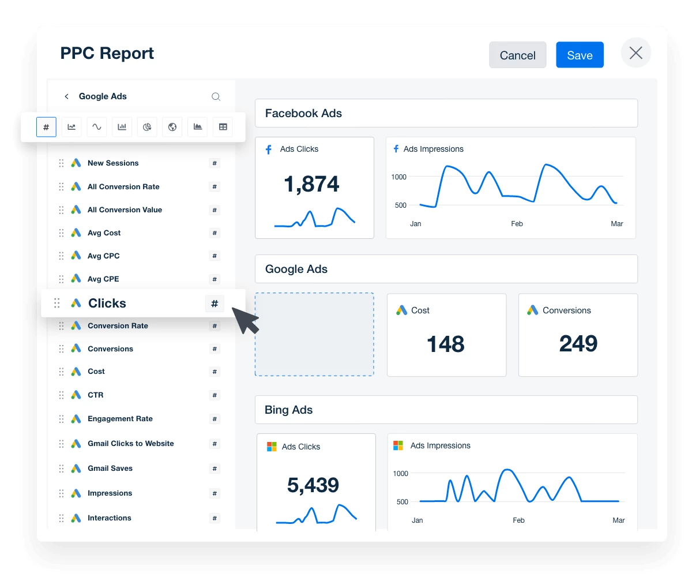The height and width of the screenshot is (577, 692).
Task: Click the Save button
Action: click(x=580, y=55)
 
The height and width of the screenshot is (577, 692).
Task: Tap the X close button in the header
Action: click(x=635, y=54)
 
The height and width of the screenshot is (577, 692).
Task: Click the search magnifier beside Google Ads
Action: click(x=216, y=97)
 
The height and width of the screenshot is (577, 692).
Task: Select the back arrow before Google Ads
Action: click(x=66, y=96)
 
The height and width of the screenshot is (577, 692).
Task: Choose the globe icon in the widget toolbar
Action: click(x=172, y=127)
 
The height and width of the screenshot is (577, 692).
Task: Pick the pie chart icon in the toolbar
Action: click(x=147, y=127)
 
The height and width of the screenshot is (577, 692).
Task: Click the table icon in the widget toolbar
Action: click(x=223, y=127)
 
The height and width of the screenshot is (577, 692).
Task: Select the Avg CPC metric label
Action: click(x=104, y=256)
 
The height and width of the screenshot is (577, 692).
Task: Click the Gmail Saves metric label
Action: click(x=110, y=468)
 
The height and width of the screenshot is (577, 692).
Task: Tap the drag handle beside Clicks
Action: click(x=57, y=303)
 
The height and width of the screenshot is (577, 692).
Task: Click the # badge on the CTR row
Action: click(x=215, y=395)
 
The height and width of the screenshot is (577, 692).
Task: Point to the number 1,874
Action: click(x=311, y=184)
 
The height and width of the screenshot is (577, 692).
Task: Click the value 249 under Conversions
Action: click(x=578, y=344)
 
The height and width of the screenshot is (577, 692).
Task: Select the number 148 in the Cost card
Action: click(x=446, y=344)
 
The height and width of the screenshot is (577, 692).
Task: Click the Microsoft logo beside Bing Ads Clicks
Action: click(x=272, y=447)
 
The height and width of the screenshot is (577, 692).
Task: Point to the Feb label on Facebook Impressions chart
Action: click(x=517, y=224)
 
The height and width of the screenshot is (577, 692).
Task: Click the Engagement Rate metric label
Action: click(x=120, y=419)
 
